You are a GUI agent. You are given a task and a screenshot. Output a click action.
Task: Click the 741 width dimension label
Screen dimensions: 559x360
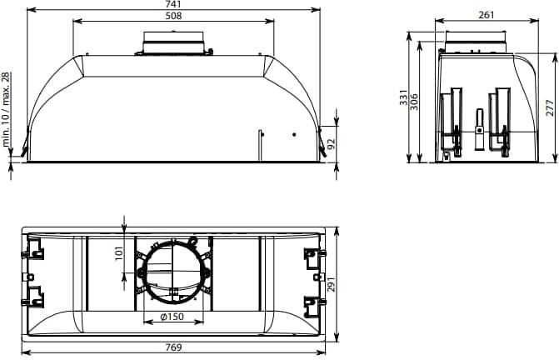click(173, 4)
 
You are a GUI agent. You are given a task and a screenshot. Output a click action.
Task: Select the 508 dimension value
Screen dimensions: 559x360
click(173, 16)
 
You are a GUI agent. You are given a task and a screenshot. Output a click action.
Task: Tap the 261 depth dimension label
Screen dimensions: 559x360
click(487, 15)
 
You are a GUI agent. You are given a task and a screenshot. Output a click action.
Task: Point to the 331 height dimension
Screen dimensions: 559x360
click(403, 97)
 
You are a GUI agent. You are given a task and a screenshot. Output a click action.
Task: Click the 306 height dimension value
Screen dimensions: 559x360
click(414, 102)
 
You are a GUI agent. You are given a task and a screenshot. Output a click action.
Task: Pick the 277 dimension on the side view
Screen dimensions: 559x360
click(551, 108)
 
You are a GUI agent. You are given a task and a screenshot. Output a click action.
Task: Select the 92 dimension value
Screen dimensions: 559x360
click(332, 144)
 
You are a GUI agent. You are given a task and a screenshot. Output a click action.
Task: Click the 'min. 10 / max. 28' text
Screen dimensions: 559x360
click(6, 110)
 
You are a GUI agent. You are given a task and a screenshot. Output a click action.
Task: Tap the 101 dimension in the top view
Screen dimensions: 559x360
click(119, 253)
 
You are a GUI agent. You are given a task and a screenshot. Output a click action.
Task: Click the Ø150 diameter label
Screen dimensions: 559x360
click(172, 317)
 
